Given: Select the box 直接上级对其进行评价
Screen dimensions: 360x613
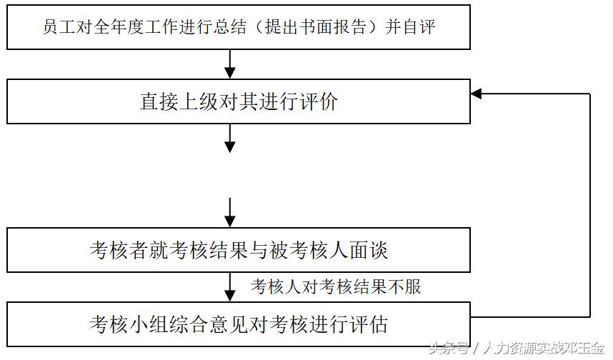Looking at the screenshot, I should [x=239, y=102].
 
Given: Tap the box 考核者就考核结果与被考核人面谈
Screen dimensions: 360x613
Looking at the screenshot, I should [x=239, y=250].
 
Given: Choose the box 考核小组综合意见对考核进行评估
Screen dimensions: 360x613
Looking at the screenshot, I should [x=239, y=324].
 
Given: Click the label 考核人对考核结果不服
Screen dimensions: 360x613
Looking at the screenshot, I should [x=336, y=287].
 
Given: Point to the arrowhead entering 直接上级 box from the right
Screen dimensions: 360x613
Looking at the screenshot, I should [x=477, y=94].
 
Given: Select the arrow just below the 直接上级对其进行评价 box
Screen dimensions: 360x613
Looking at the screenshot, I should [x=229, y=139].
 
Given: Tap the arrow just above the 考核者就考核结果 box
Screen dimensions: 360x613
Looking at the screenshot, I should [x=229, y=212].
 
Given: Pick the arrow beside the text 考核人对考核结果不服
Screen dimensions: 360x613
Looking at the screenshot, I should [x=229, y=287].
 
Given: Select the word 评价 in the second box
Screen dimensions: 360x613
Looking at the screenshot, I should [x=318, y=102].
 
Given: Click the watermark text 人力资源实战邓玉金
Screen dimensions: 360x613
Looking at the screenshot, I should [x=544, y=349].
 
